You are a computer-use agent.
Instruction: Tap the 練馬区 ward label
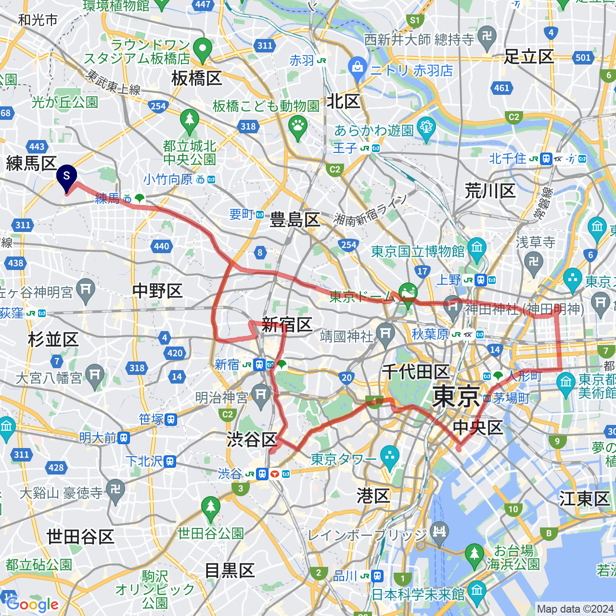point(31,164)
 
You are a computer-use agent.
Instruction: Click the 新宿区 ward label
point(287,325)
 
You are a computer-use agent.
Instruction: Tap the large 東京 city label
point(456,397)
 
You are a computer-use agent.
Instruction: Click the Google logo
point(33,604)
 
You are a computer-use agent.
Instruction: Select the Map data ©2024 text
point(575,609)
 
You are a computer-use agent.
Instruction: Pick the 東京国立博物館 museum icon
point(477,248)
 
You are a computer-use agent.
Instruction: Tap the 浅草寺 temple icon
point(534,262)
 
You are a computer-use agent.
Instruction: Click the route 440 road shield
point(162,246)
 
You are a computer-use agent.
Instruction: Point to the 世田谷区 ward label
point(80,536)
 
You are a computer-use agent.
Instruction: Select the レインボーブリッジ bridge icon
point(439,532)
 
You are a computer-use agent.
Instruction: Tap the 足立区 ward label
point(529,57)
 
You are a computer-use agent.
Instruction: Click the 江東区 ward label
point(584,499)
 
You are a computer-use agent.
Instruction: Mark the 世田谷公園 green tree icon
point(210,508)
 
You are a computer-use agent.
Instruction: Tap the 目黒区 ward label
point(230,571)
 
